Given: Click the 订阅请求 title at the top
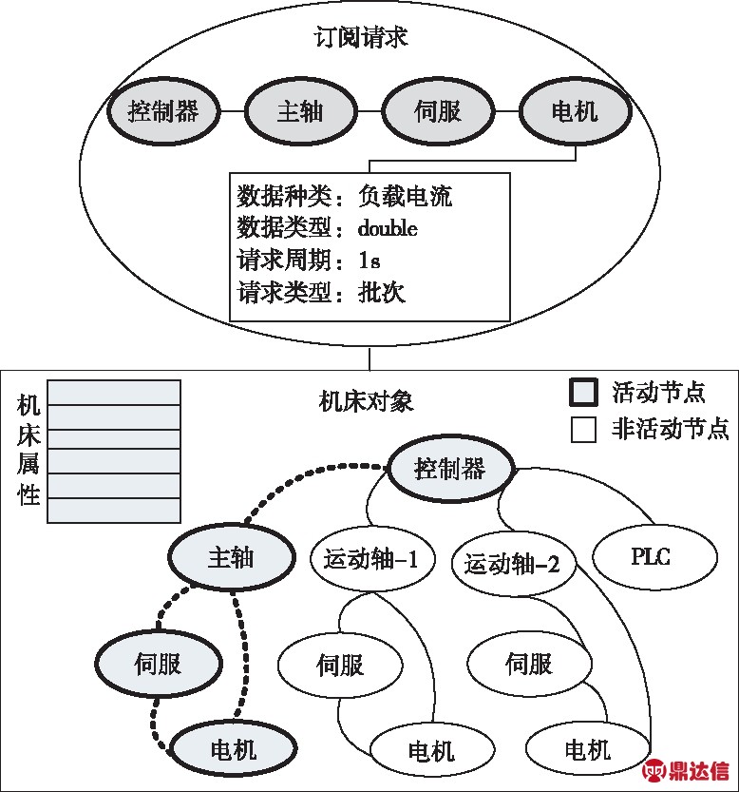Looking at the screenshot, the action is click(x=360, y=37).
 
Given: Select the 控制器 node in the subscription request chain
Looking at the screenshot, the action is click(x=163, y=111).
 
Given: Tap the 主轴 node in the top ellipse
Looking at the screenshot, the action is click(x=301, y=111).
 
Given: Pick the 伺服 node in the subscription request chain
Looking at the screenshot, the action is click(x=438, y=111).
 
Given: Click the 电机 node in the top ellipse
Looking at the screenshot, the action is click(x=576, y=111).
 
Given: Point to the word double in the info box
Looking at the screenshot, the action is click(x=388, y=228).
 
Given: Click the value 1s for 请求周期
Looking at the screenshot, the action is click(x=369, y=261).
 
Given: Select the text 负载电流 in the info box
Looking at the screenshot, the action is click(x=405, y=196).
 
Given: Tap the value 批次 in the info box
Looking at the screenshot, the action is click(x=382, y=293).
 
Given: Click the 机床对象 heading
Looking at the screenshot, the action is click(x=366, y=401).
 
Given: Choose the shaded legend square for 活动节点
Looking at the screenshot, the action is click(x=583, y=392).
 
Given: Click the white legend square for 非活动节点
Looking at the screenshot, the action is click(x=583, y=430).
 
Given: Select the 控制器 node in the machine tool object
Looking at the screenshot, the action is click(x=451, y=469).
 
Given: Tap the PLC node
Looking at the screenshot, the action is click(x=654, y=556).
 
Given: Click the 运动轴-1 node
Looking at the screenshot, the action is click(x=372, y=559).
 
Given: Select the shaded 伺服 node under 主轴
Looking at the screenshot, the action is click(x=159, y=664).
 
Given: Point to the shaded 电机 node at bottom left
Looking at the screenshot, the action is click(x=234, y=749).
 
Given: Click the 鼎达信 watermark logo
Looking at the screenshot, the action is click(x=686, y=770).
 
